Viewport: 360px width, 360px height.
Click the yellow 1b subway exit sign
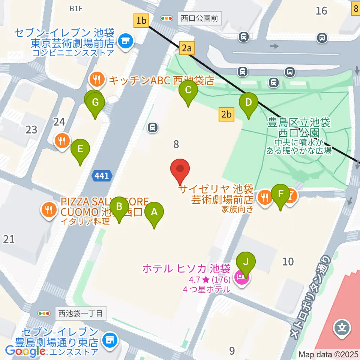point(141,20)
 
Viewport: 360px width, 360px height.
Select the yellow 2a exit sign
point(187,48)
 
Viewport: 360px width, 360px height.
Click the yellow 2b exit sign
point(226,114)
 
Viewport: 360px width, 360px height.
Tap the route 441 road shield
point(102,175)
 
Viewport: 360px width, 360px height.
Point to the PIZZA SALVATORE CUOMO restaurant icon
point(49,209)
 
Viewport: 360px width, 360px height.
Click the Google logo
point(25,351)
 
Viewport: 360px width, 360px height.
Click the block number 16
point(321,10)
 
